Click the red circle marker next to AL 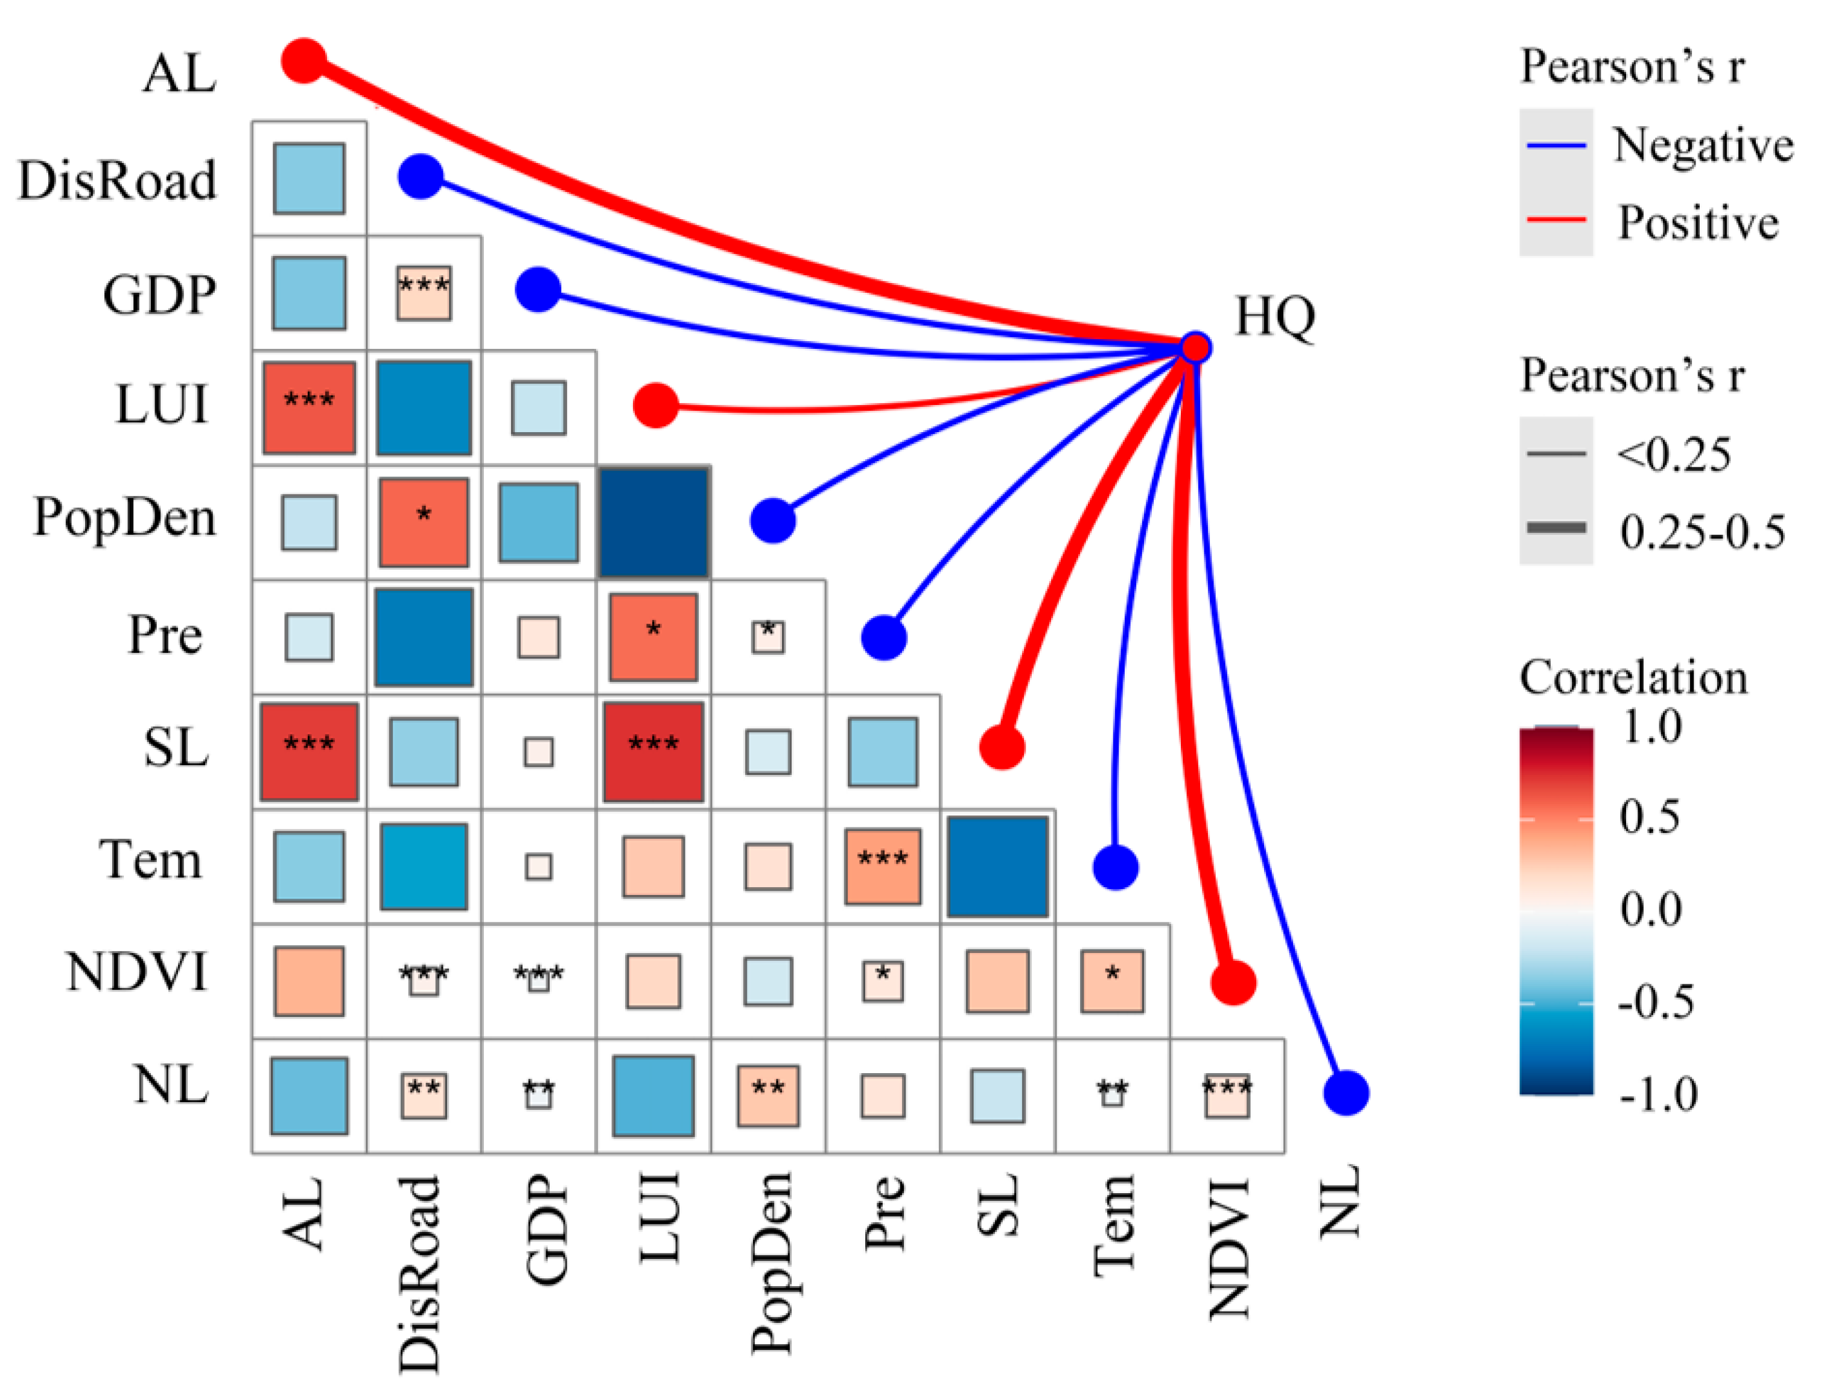(x=304, y=61)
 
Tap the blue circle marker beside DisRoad (x=421, y=176)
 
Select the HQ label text (x=1274, y=317)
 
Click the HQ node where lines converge (x=1195, y=347)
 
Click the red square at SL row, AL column (x=309, y=752)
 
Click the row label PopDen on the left (x=125, y=518)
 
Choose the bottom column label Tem (x=1114, y=1226)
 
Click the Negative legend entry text (x=1703, y=145)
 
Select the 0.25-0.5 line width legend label (x=1702, y=532)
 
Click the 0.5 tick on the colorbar (x=1649, y=817)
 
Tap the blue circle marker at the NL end (x=1346, y=1092)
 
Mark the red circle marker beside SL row (x=1002, y=746)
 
